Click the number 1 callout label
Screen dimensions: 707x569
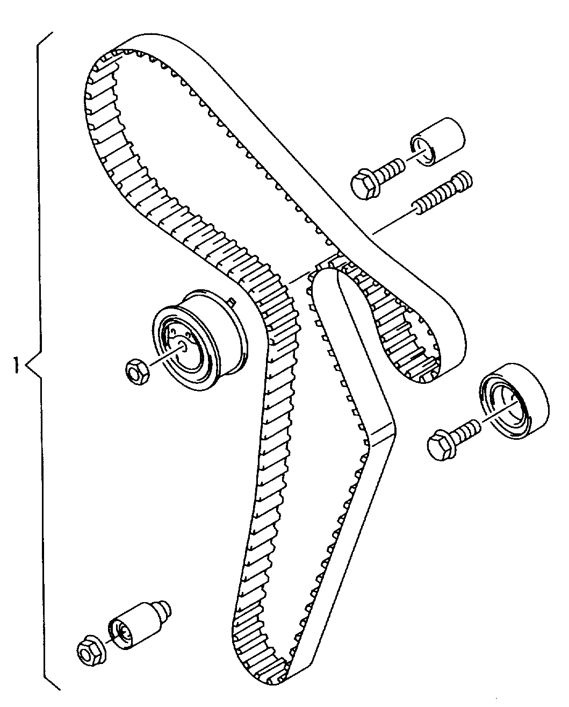point(17,367)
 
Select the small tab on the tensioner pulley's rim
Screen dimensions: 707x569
point(232,302)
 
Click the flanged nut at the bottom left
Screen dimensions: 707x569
point(90,652)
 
